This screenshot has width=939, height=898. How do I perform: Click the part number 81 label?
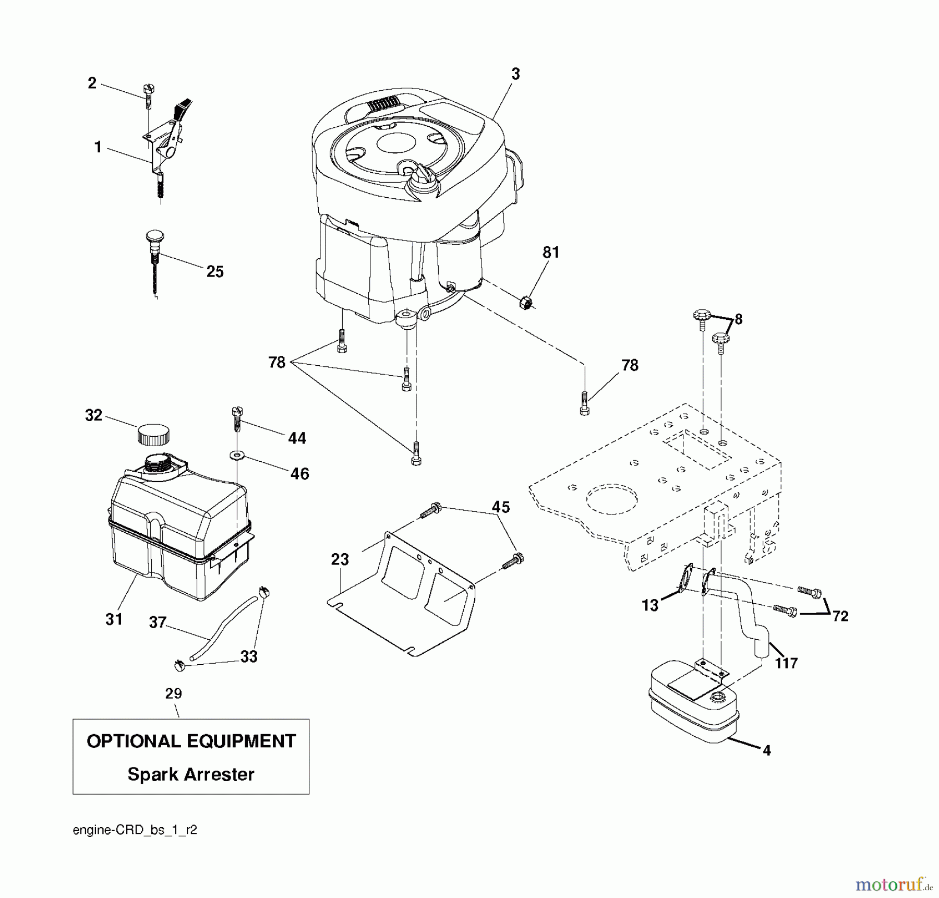[551, 253]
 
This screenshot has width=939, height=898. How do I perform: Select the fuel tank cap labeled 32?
[153, 434]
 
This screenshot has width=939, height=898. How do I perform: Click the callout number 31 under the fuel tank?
[114, 619]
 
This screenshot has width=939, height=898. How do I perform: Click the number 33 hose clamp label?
[249, 656]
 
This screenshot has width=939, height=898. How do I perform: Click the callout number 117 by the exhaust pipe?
[786, 663]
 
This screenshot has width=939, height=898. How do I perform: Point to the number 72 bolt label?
[840, 616]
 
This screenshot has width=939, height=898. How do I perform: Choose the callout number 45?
[501, 507]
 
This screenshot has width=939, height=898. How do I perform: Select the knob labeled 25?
[153, 246]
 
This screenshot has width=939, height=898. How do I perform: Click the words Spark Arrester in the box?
[191, 775]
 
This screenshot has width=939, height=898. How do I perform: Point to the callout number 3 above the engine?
[515, 74]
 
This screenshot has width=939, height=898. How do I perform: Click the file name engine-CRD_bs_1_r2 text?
[135, 830]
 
